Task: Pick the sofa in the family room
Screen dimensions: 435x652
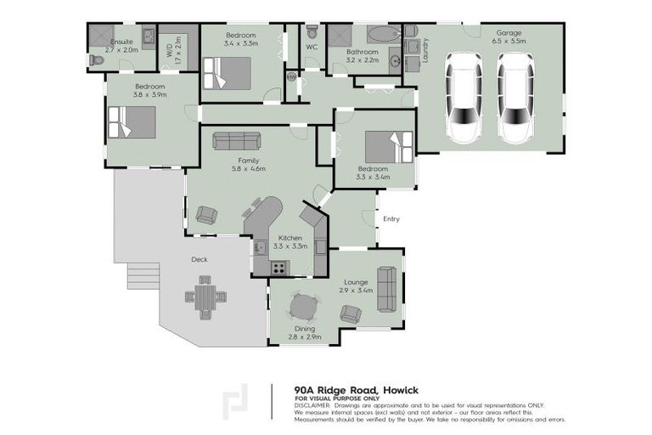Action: pyautogui.click(x=238, y=141)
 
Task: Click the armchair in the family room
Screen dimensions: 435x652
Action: pyautogui.click(x=205, y=215)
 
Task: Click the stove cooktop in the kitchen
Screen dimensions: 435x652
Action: pyautogui.click(x=278, y=268)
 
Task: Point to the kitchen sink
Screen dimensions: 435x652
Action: pyautogui.click(x=261, y=247)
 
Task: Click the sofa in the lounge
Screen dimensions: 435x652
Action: pyautogui.click(x=386, y=288)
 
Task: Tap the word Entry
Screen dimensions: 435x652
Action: pyautogui.click(x=391, y=219)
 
